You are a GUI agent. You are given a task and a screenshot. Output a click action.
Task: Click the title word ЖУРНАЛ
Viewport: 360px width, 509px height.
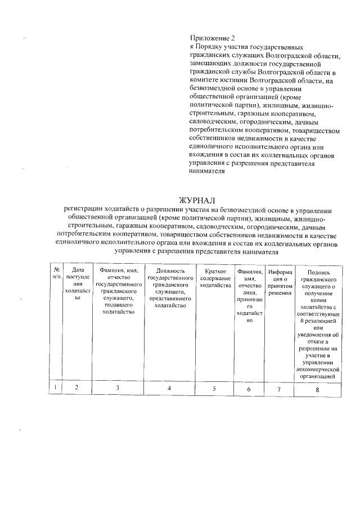tap(197, 200)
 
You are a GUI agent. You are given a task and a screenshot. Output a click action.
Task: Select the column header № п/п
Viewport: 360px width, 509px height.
tap(56, 274)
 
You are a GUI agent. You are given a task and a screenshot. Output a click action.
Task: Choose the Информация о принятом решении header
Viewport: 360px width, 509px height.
tap(279, 282)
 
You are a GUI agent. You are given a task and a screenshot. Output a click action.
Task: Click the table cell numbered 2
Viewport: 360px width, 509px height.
tap(76, 388)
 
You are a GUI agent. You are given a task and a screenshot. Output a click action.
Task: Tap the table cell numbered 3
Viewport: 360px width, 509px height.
tap(118, 388)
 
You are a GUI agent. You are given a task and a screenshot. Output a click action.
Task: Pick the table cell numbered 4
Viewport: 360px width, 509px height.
tap(169, 388)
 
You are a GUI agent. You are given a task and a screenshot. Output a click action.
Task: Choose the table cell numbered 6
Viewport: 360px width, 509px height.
tap(249, 389)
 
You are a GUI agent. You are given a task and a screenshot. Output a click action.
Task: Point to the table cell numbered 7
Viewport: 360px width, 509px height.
tap(279, 389)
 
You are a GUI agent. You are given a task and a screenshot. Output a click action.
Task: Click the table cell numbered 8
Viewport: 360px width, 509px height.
tap(318, 389)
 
